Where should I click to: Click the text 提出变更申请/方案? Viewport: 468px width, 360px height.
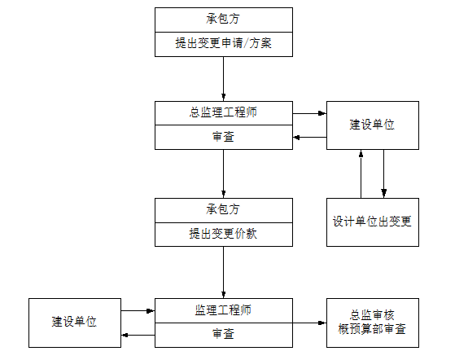point(223,44)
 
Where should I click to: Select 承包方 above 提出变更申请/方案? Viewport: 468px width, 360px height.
point(223,18)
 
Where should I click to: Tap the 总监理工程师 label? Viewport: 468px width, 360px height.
point(223,112)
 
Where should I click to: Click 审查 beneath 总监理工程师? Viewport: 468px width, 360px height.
point(223,138)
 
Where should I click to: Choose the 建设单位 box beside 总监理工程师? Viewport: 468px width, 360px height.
point(372,125)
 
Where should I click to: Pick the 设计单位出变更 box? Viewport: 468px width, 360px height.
point(372,222)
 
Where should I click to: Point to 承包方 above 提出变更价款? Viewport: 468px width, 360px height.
point(223,210)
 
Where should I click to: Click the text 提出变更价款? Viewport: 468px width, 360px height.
point(223,235)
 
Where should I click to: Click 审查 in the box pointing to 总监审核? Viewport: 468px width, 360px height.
point(223,334)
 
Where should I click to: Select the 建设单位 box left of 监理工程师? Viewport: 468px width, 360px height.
point(74,322)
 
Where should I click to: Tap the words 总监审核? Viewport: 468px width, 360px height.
point(372,315)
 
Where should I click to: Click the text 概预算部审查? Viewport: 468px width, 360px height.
point(372,330)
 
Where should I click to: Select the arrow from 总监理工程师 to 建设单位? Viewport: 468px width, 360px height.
point(309,113)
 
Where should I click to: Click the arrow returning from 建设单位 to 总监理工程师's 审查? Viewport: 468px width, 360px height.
point(309,138)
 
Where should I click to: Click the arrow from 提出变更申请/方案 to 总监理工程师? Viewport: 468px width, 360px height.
point(223,79)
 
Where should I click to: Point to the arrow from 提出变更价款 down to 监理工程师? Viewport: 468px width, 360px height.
point(223,273)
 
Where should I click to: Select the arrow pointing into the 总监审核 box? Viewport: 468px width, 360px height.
point(309,323)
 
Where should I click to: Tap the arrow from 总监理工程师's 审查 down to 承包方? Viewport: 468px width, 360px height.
point(223,173)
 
